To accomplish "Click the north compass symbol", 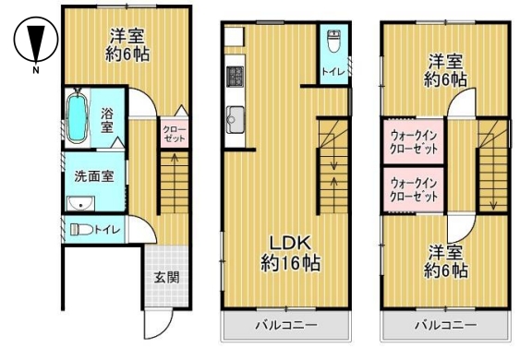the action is [x=36, y=40].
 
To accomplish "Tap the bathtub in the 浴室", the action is [x=78, y=117].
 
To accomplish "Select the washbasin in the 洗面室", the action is [x=80, y=204].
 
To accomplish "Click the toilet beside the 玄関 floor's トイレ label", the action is [x=81, y=230].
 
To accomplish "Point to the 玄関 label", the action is [x=166, y=278].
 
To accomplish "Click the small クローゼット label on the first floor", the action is [x=174, y=134].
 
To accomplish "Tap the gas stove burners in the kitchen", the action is [x=236, y=77].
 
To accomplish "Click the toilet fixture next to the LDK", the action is [x=333, y=41].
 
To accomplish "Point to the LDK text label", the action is [x=290, y=244].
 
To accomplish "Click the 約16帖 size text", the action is [x=290, y=263].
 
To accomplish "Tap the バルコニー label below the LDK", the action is [x=286, y=326].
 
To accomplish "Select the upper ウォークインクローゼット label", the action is [x=414, y=142].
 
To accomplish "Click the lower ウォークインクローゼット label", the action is [x=414, y=189].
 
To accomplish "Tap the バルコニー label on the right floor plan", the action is [x=446, y=326].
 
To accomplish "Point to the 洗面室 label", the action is [x=94, y=176].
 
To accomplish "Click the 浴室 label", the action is [x=107, y=121].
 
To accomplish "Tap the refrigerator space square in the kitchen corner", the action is [x=234, y=37].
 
